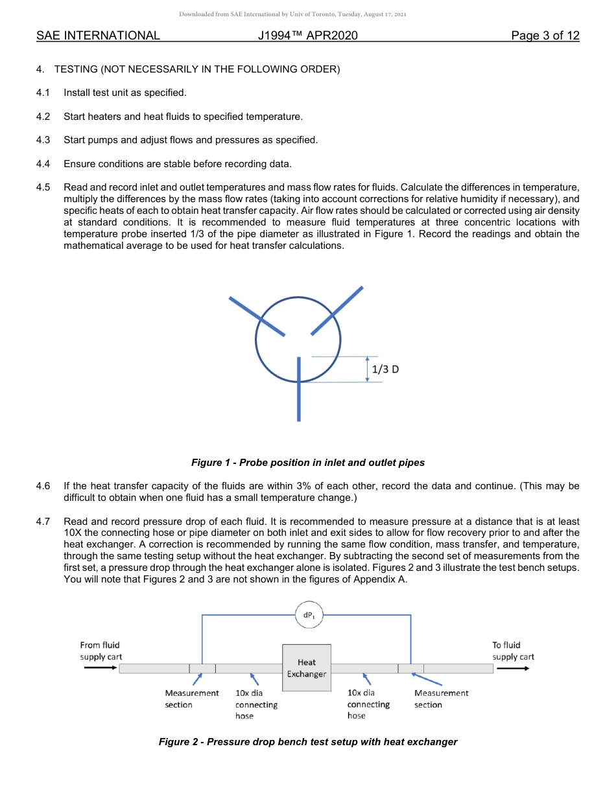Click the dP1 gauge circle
307,615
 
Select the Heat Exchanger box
307,667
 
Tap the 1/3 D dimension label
386,369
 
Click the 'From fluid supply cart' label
101,651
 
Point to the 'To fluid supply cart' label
513,651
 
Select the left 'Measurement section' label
191,699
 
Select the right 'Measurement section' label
441,699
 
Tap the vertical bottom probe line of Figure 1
299,395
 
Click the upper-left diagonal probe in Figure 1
256,316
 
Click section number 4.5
43,187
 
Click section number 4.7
43,522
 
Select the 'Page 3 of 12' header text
545,36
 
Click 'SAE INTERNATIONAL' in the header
98,36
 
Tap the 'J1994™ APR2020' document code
307,36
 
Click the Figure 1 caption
307,463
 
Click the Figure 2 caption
307,742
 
